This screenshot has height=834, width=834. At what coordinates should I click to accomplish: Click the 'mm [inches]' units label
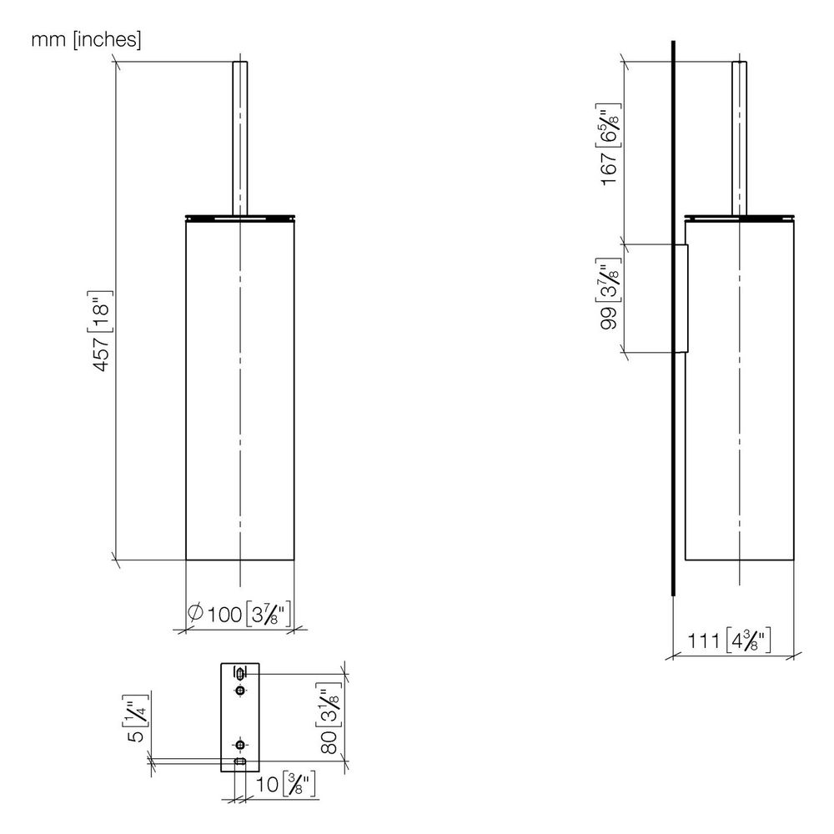[x=86, y=39]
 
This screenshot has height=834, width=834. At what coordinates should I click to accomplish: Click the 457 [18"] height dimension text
[x=101, y=331]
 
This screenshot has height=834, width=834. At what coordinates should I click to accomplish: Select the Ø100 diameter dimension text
[x=239, y=614]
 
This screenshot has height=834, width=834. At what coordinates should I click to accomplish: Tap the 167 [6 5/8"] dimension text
[x=609, y=144]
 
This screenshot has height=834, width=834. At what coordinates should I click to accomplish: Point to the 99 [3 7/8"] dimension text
[x=609, y=294]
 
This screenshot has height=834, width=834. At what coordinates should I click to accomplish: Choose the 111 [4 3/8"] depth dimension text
[x=729, y=641]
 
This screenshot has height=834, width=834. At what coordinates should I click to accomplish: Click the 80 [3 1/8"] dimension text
[x=330, y=719]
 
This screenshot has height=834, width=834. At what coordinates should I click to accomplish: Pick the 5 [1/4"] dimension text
[x=136, y=719]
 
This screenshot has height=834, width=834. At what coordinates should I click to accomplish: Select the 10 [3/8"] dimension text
[x=286, y=784]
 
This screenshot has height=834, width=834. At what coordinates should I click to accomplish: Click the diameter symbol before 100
[x=195, y=612]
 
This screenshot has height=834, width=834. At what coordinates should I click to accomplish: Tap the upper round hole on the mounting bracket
[x=240, y=691]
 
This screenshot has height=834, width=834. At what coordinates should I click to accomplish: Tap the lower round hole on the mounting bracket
[x=240, y=745]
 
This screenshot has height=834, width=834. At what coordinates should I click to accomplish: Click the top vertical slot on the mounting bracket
[x=240, y=674]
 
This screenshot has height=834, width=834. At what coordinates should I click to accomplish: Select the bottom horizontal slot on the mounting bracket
[x=240, y=762]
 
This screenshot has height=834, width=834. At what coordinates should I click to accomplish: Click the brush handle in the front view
[x=240, y=138]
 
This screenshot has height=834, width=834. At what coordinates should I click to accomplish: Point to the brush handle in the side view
[x=739, y=138]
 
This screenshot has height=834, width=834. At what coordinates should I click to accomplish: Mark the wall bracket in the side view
[x=682, y=298]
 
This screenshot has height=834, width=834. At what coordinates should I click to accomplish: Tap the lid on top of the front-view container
[x=240, y=218]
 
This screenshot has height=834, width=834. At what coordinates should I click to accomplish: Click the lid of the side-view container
[x=739, y=218]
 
